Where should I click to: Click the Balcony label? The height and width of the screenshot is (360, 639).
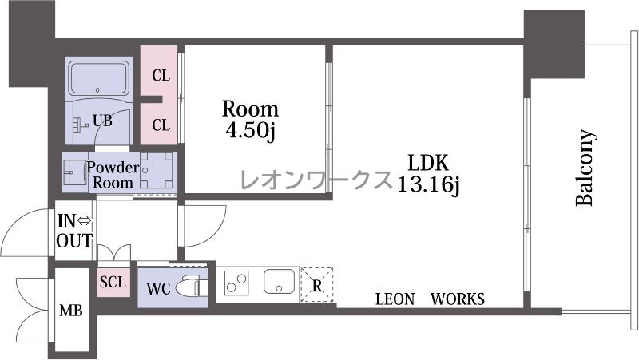(x=585, y=168)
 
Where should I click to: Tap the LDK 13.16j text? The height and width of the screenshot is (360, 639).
(x=428, y=173)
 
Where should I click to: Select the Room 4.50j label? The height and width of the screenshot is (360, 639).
(x=250, y=120)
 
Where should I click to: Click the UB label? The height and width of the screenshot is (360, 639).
(x=102, y=121)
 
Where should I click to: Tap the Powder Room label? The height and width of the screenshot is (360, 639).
(x=113, y=175)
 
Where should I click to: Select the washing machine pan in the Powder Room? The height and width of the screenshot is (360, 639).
(x=157, y=170)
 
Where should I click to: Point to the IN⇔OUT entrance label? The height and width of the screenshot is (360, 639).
(x=74, y=231)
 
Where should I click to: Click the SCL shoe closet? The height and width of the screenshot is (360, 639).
(x=113, y=282)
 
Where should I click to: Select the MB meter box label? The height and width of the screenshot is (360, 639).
(x=71, y=311)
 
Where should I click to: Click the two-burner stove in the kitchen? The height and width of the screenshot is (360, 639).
(x=236, y=283)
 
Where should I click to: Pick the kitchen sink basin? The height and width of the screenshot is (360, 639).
(x=279, y=281)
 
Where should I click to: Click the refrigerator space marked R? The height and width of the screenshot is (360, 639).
(x=316, y=285)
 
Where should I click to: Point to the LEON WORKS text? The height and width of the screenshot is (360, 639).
(x=430, y=299)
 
